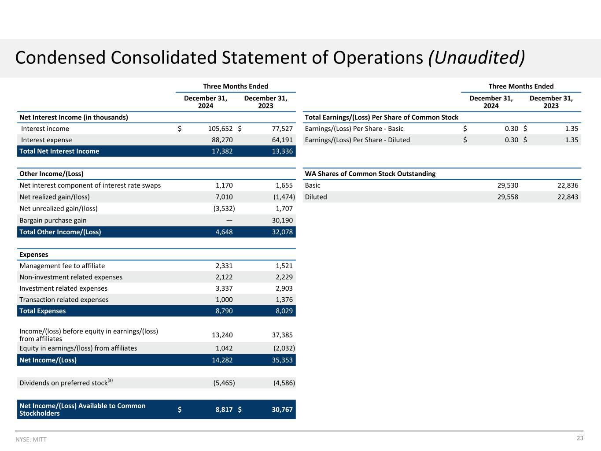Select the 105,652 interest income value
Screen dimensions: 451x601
coord(220,129)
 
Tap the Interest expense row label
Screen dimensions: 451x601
coord(46,140)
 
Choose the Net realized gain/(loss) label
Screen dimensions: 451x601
coord(55,197)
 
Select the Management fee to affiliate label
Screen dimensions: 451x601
coord(62,266)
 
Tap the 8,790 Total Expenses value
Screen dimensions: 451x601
coord(224,311)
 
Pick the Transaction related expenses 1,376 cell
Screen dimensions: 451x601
coord(284,299)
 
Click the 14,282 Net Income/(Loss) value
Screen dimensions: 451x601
coord(222,360)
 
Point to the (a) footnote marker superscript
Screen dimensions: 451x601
coord(110,381)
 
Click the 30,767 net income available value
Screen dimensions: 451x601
coord(282,410)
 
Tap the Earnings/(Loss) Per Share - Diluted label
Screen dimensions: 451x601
coord(357,140)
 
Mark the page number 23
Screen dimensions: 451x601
coord(580,438)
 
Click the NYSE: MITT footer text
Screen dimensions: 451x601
coord(31,440)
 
